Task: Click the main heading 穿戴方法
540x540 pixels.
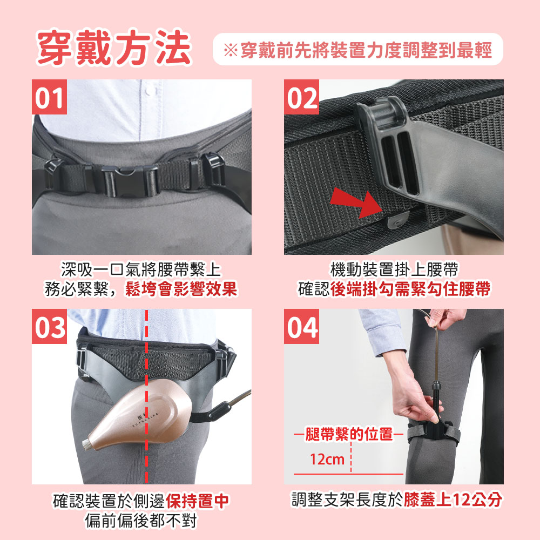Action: click(x=114, y=48)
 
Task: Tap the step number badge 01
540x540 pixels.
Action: click(x=49, y=97)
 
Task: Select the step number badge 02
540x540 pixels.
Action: click(x=301, y=97)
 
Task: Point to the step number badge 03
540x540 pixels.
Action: click(x=49, y=326)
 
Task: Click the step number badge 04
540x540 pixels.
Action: click(x=301, y=326)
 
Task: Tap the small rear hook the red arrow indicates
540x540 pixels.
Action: click(x=398, y=220)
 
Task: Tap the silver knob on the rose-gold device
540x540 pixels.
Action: click(x=87, y=443)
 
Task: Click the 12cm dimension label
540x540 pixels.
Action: click(x=327, y=459)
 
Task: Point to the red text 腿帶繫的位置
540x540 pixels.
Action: click(x=349, y=434)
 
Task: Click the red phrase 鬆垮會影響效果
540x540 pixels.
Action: click(x=181, y=288)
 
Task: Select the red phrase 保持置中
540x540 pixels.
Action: click(x=197, y=501)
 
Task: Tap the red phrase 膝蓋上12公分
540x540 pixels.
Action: click(x=453, y=500)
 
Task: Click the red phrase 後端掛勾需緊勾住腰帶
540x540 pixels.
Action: click(x=410, y=288)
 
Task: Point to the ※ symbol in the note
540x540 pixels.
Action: click(x=231, y=50)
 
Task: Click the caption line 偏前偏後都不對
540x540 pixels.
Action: click(x=141, y=521)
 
